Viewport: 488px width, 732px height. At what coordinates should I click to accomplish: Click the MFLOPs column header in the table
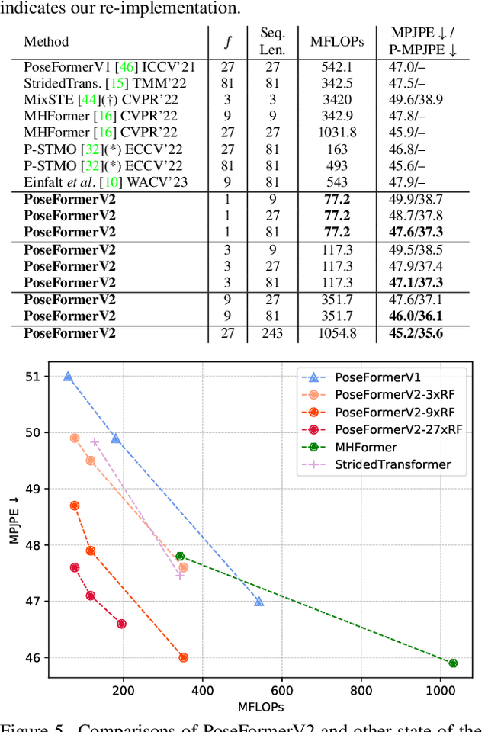(337, 41)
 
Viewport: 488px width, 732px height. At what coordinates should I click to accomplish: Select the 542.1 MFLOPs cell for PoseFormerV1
(337, 67)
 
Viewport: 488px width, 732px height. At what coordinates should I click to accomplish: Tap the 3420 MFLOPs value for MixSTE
(337, 100)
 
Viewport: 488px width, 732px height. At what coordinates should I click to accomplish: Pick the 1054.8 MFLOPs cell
(337, 332)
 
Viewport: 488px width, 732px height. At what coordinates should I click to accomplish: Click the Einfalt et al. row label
(104, 182)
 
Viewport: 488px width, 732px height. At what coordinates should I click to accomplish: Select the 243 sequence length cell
(272, 332)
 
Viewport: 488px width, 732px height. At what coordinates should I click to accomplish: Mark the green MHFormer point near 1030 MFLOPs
(453, 663)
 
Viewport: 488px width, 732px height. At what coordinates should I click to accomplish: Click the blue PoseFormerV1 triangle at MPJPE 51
(68, 377)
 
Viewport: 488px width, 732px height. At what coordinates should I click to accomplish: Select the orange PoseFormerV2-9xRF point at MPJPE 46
(183, 657)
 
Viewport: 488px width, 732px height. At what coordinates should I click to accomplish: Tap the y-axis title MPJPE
(14, 517)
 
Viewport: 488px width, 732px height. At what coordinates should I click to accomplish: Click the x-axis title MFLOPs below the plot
(260, 706)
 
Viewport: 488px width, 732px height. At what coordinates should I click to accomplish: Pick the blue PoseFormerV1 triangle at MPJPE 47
(259, 602)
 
